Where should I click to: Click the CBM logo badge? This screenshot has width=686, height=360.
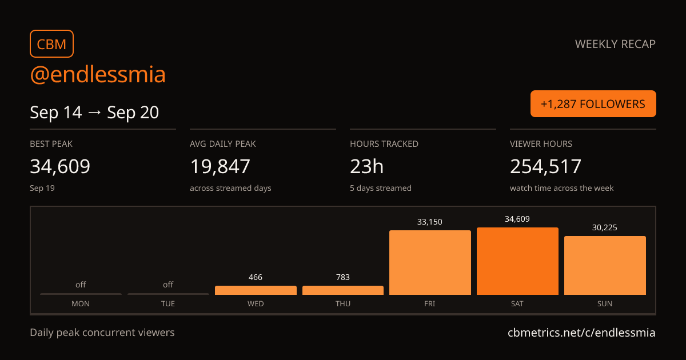52,44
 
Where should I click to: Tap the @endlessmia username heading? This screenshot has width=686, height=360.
98,74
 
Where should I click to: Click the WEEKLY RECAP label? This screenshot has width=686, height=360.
615,44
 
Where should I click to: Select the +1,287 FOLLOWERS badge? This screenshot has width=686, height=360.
593,104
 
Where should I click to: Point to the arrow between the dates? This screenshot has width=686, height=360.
94,113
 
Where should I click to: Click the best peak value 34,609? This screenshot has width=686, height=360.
60,166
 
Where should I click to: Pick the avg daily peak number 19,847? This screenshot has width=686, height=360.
220,166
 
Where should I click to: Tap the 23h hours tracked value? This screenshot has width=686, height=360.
366,166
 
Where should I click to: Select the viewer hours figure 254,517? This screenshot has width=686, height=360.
545,166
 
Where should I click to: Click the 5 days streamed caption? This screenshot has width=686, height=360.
381,188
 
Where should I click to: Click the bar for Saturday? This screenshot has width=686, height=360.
517,261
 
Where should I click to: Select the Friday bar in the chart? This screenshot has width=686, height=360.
430,263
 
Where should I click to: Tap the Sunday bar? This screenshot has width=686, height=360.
605,265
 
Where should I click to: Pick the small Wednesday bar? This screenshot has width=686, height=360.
256,290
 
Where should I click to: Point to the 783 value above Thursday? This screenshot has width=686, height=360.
342,277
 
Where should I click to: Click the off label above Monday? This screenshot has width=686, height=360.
81,285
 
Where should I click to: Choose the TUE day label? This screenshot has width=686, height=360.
168,303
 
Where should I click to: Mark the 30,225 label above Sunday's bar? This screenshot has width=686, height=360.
605,227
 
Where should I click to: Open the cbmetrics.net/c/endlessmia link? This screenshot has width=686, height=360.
581,333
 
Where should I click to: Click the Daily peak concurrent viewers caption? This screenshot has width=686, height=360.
102,333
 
